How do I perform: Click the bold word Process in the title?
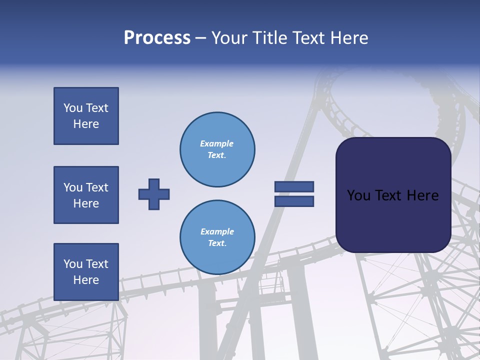point(157,37)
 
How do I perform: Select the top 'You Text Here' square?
point(86,116)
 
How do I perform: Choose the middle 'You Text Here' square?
point(86,195)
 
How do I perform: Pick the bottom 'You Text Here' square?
point(86,272)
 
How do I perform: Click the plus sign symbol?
point(154,194)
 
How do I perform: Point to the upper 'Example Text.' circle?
point(217,149)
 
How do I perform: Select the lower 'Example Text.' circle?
point(217,237)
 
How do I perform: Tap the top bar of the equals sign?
point(294,186)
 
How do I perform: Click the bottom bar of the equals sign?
point(294,201)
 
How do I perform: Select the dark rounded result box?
point(393,195)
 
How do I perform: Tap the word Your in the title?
point(229,37)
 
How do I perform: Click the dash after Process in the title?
point(200,38)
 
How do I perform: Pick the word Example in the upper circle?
point(216,143)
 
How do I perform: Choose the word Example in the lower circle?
point(217,231)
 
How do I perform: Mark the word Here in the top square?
point(86,124)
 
